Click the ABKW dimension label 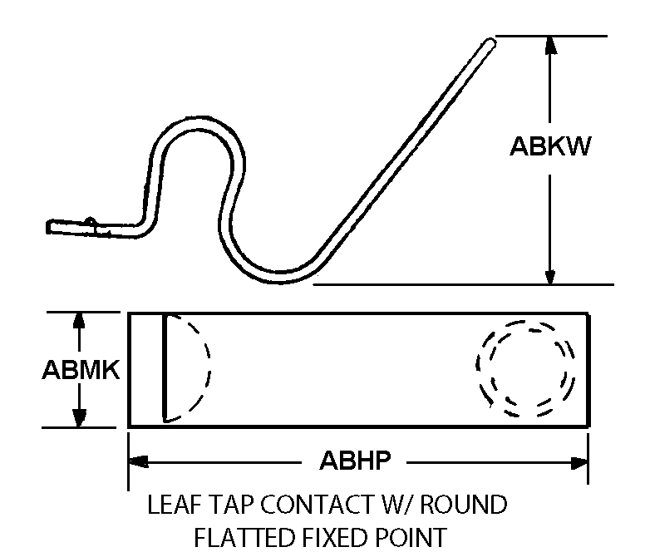click(x=550, y=146)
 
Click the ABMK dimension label click(x=81, y=369)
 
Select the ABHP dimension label click(x=355, y=461)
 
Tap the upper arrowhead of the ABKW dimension click(x=550, y=45)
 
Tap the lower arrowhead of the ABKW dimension click(x=550, y=276)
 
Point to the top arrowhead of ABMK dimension click(x=79, y=320)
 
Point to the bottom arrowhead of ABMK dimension click(x=79, y=418)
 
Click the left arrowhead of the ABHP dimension click(x=139, y=461)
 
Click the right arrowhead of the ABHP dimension click(x=579, y=463)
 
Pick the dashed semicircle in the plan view click(x=209, y=366)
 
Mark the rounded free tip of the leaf click(x=490, y=43)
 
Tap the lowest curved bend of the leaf click(x=280, y=278)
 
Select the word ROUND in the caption click(x=464, y=505)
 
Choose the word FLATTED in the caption click(x=244, y=537)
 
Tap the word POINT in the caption click(x=405, y=537)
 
